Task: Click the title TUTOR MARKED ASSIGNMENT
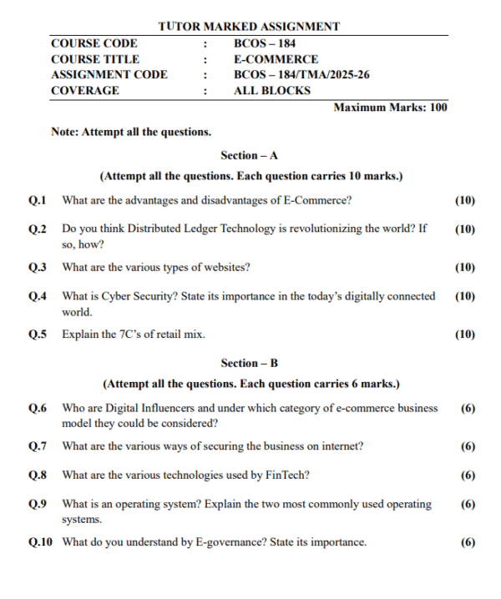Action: coord(249,27)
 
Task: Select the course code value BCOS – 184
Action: coord(265,43)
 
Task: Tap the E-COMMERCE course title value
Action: coord(276,59)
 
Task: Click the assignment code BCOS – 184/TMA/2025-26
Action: coord(301,75)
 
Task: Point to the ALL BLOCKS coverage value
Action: coord(271,91)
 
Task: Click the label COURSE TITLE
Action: coord(95,59)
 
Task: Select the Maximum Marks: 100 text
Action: coord(390,108)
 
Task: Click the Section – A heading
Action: coord(249,155)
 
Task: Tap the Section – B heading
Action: coord(249,363)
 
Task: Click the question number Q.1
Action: coord(38,200)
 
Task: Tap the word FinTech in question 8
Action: coord(286,476)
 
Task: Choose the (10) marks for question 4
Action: coord(465,296)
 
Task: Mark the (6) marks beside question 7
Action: coord(468,446)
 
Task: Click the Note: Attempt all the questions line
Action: coord(131,132)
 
